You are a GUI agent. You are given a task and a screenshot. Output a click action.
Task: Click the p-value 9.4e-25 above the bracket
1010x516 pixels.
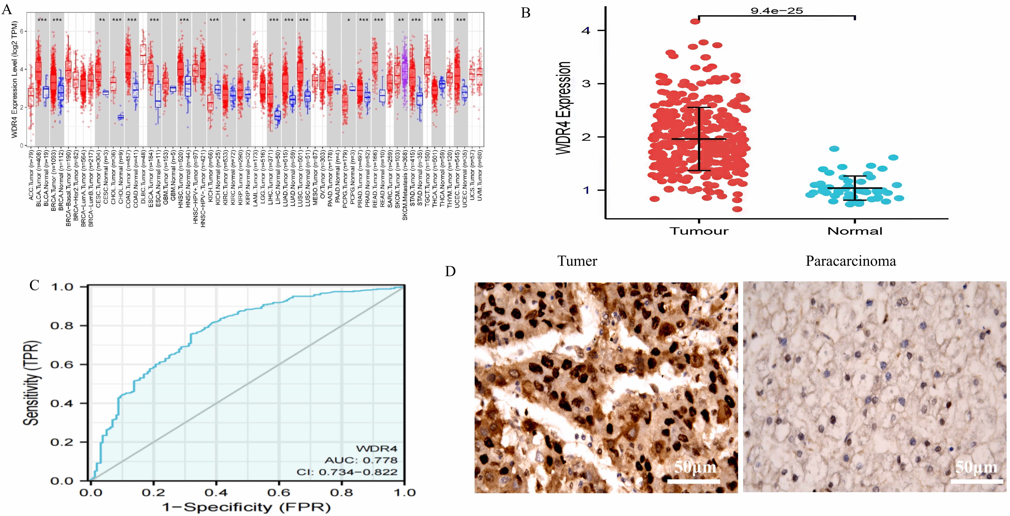pyautogui.click(x=776, y=11)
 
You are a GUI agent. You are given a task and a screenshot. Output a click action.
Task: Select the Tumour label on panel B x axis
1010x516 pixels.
pyautogui.click(x=699, y=231)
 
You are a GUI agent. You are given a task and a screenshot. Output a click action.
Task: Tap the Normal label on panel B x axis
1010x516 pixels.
pyautogui.click(x=855, y=231)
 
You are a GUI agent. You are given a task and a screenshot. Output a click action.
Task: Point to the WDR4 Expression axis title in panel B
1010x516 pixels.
pyautogui.click(x=564, y=108)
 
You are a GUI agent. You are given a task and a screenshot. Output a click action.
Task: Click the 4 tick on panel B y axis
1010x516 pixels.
pyautogui.click(x=586, y=31)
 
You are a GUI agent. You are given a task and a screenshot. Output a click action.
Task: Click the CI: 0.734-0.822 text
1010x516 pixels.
pyautogui.click(x=347, y=472)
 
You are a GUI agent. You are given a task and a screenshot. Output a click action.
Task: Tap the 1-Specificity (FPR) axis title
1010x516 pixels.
pyautogui.click(x=246, y=507)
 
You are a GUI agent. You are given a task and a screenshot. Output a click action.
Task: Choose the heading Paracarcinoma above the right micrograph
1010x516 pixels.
pyautogui.click(x=851, y=261)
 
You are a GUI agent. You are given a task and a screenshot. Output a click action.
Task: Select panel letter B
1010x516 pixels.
pyautogui.click(x=526, y=13)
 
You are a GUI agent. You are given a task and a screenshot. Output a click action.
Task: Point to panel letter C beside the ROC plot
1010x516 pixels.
pyautogui.click(x=34, y=285)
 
